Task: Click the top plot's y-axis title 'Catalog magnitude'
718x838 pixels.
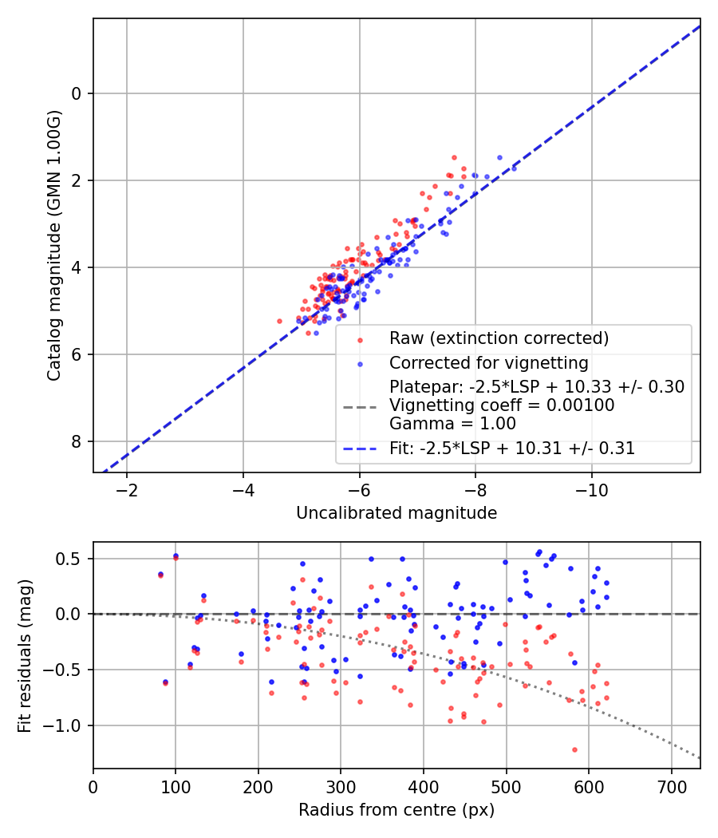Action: click(x=53, y=246)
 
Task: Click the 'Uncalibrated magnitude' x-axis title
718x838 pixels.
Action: click(x=396, y=513)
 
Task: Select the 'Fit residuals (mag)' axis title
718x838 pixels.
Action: click(x=25, y=655)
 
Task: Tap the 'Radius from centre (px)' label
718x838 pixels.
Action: click(x=396, y=810)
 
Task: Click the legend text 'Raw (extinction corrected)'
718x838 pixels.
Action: click(x=499, y=338)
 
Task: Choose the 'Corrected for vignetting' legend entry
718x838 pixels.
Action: click(x=488, y=363)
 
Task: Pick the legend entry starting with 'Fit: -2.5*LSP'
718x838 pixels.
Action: click(x=511, y=449)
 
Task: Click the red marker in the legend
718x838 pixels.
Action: click(x=359, y=339)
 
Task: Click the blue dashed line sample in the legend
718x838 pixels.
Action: click(x=359, y=449)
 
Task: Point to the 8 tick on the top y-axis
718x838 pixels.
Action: click(x=77, y=442)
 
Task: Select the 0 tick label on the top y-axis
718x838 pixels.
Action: click(x=77, y=93)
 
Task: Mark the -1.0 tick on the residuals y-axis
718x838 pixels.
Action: click(x=70, y=725)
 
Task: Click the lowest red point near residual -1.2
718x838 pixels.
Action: click(x=574, y=749)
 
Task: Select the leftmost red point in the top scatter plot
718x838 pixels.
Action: click(x=279, y=321)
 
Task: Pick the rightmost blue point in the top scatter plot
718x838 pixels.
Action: click(x=514, y=168)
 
